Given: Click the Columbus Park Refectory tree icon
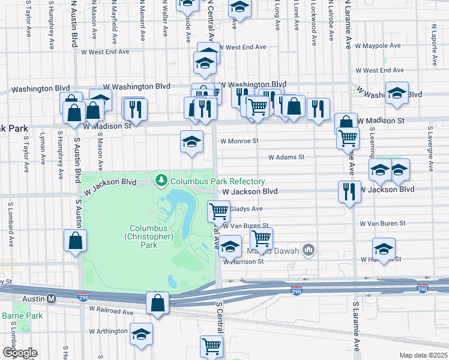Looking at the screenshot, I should pos(161,180).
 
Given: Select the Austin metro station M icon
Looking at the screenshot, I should pos(52,298).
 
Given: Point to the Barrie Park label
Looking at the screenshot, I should pos(22,315).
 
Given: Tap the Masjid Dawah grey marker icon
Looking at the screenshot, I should pos(309,249).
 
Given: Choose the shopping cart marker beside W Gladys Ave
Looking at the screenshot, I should pos(219,211).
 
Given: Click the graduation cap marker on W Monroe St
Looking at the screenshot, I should pos(191,142).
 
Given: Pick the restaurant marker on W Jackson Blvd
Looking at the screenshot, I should pos(349,191).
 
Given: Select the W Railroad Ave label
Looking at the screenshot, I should pos(112,312).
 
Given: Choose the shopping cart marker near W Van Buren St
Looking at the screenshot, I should pos(261,238).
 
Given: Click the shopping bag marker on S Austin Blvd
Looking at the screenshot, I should pos(76,241).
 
